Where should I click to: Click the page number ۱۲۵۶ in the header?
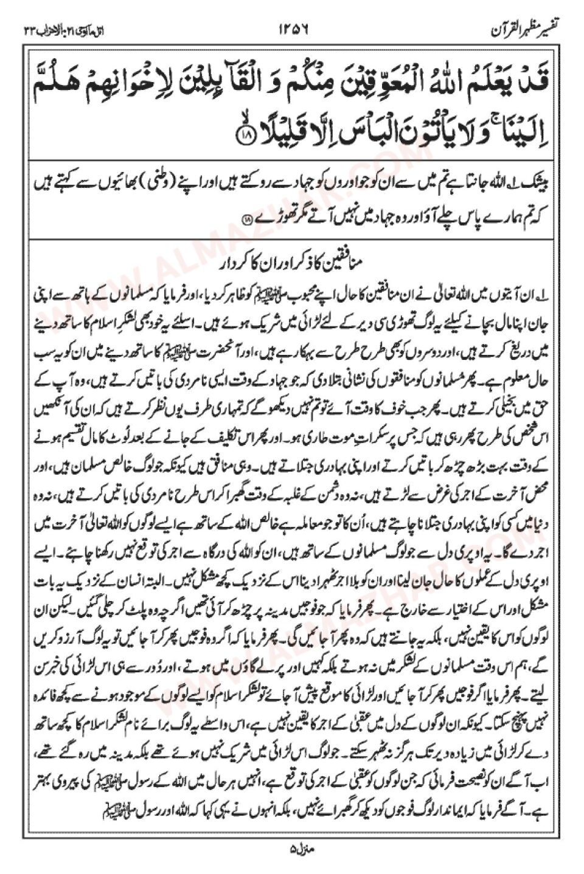(293, 29)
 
